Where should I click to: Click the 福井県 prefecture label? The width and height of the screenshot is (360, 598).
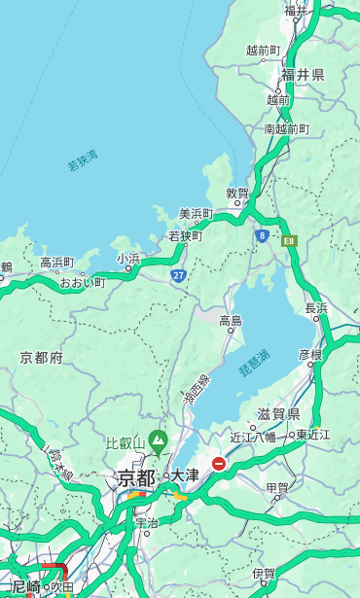(304, 75)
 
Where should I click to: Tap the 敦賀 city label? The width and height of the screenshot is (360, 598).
(237, 193)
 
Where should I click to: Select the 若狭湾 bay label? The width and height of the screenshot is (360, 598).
(82, 161)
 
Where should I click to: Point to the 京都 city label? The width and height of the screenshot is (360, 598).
(135, 477)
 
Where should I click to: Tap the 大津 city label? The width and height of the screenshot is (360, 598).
(185, 475)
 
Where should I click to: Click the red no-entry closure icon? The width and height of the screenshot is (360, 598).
(220, 465)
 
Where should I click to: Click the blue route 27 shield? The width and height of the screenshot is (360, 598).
(178, 276)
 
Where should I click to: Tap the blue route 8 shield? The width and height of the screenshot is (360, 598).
(262, 235)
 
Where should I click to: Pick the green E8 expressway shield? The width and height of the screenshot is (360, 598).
(288, 239)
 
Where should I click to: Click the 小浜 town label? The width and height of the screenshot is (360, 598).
(128, 258)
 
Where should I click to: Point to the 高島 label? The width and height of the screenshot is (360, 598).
(231, 321)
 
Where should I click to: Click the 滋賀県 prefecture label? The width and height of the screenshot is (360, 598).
(278, 414)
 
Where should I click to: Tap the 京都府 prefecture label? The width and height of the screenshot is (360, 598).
(42, 358)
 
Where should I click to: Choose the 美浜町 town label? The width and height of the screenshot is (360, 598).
(197, 214)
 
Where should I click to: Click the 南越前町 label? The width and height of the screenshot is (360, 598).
(286, 128)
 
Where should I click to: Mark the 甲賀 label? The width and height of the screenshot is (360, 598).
(277, 487)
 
